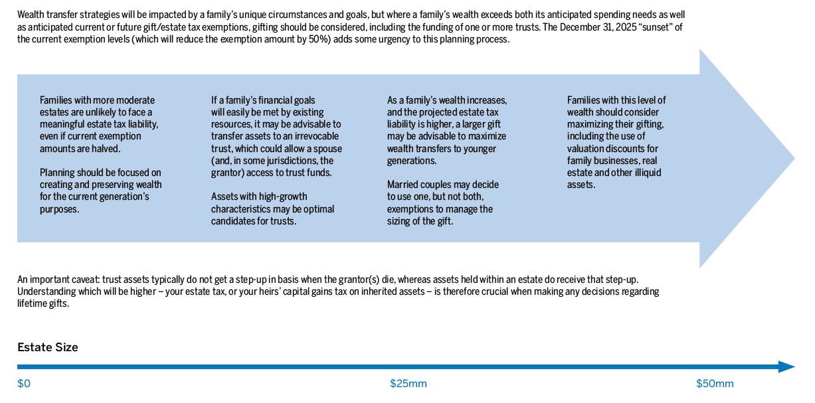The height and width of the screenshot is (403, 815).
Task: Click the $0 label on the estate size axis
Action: [24, 384]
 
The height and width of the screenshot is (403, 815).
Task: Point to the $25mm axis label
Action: [408, 384]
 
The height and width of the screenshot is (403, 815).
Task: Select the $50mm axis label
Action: [715, 384]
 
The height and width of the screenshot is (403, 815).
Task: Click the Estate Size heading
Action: [47, 347]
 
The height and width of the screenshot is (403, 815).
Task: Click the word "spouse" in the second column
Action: [327, 149]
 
